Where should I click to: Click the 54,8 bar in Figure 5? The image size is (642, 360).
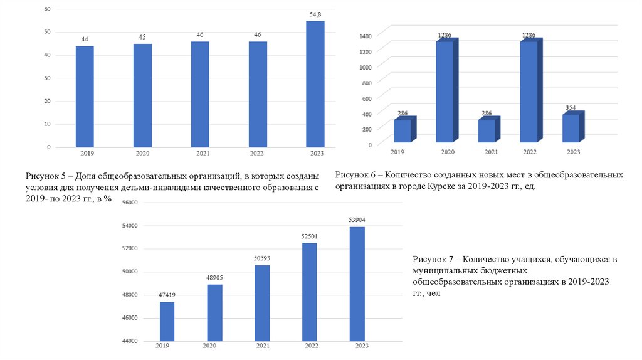(x=315, y=84)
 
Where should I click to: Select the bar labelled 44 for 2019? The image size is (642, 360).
(x=85, y=97)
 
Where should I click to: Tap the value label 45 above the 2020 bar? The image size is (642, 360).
(x=142, y=37)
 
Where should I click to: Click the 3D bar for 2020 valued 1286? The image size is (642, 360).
(x=445, y=92)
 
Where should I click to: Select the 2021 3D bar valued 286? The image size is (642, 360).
(x=487, y=130)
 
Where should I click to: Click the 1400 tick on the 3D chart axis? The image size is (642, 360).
(x=366, y=36)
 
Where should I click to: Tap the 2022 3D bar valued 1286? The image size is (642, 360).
(x=528, y=92)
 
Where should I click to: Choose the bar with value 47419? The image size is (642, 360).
(x=167, y=321)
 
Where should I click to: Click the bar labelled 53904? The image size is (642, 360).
(x=357, y=283)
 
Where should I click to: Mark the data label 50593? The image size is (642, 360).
(x=262, y=258)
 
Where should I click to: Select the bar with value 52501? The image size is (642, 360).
(x=310, y=292)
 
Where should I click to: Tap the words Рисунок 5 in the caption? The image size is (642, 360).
(x=45, y=176)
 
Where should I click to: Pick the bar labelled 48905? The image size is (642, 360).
(x=214, y=312)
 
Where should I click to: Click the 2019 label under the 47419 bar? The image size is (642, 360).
(x=162, y=346)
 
